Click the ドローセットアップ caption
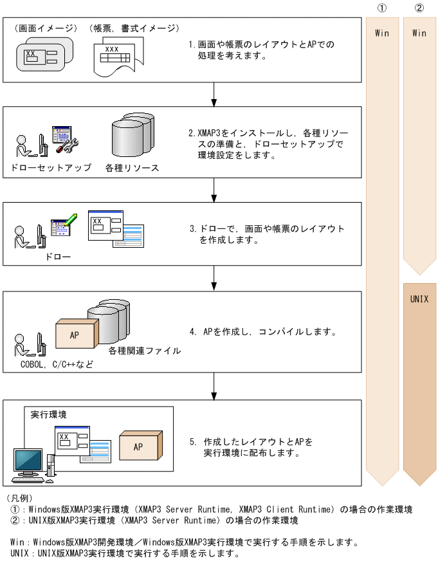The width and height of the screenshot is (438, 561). (51, 167)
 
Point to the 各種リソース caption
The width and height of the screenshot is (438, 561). (132, 167)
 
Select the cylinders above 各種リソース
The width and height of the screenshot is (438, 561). (132, 138)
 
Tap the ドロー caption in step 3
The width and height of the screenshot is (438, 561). (58, 257)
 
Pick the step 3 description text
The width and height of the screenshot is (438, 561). (267, 234)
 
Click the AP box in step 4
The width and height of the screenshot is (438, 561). (76, 335)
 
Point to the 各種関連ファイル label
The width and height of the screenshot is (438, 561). (145, 351)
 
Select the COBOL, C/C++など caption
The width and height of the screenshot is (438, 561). (57, 365)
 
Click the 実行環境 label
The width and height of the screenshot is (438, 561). (49, 414)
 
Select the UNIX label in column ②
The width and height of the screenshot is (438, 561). (419, 299)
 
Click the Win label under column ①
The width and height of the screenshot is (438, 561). (382, 33)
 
